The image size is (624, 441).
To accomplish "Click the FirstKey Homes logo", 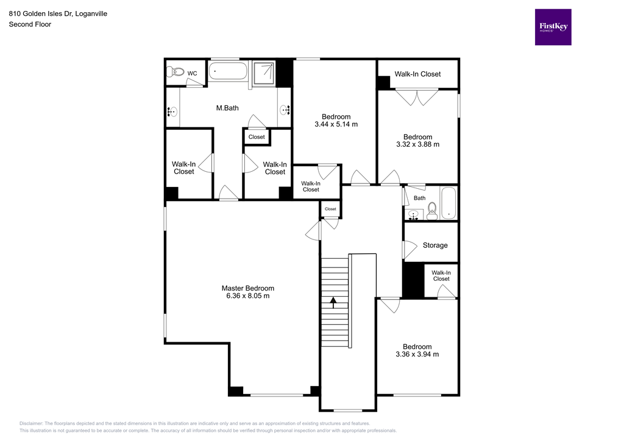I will [553, 27].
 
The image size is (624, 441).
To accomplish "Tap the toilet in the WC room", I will [174, 72].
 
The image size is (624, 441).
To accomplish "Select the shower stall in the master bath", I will [264, 72].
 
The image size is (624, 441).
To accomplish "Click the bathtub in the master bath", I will [228, 71].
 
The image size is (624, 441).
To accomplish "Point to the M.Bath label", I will [227, 108].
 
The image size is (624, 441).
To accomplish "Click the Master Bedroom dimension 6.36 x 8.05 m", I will [247, 296].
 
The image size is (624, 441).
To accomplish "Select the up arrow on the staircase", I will [333, 301].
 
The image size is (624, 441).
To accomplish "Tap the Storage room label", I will [435, 245].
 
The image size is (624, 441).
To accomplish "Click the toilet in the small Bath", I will [432, 211].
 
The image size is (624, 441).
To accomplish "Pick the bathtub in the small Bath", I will [448, 203].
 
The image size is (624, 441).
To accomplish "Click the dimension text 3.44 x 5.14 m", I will [336, 124].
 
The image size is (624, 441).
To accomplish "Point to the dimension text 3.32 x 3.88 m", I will [417, 145].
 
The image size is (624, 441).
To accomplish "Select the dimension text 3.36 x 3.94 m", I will [417, 355].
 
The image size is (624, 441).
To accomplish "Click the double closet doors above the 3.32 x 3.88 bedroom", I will [417, 97].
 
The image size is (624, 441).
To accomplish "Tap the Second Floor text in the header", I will [30, 24].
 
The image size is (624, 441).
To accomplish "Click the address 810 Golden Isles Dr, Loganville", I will [58, 13].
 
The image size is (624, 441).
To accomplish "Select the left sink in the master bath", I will [172, 111].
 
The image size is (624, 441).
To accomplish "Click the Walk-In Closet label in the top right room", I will [417, 74].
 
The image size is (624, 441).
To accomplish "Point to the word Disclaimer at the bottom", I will [31, 423].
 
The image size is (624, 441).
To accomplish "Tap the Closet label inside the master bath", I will [257, 137].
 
